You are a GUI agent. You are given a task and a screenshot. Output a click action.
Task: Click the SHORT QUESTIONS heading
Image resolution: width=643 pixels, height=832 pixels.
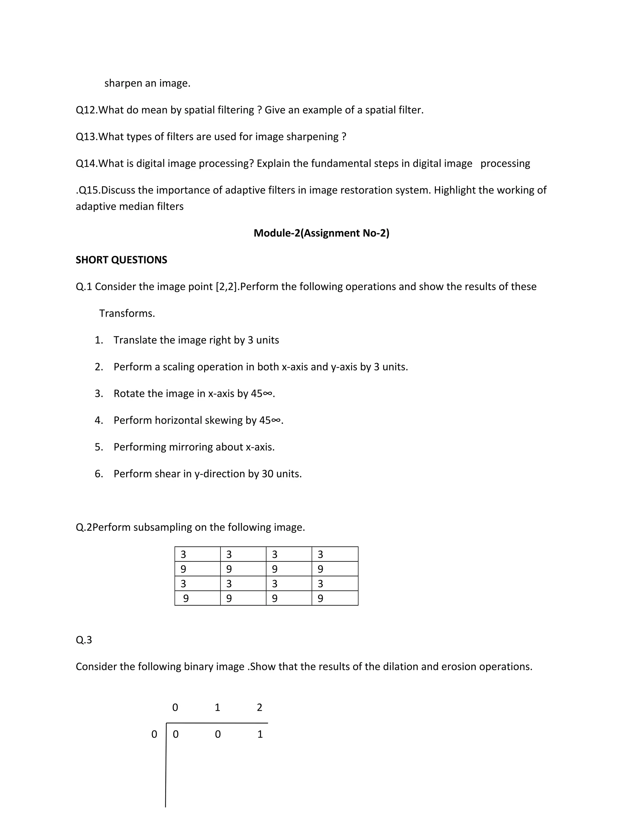[121, 260]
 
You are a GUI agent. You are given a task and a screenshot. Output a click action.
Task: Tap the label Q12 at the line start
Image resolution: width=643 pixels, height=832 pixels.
[86, 110]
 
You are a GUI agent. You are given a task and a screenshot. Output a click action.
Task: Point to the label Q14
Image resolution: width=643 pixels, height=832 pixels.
[86, 164]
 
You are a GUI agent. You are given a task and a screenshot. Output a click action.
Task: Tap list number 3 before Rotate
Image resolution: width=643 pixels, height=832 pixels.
[99, 393]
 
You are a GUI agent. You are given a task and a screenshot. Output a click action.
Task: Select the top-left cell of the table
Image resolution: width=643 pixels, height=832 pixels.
[197, 554]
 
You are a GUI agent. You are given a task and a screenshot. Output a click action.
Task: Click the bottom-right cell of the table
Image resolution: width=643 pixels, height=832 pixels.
[334, 598]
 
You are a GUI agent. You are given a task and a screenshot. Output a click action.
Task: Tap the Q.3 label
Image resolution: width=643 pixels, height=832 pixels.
[84, 640]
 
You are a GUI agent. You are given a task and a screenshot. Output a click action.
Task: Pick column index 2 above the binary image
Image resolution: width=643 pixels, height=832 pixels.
[259, 708]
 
